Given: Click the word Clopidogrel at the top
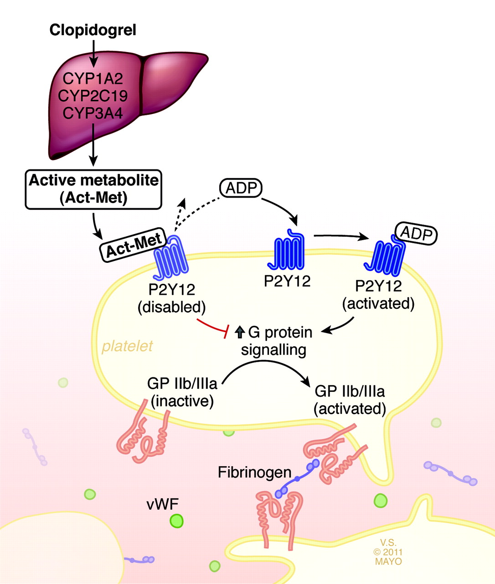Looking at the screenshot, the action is tap(93, 30).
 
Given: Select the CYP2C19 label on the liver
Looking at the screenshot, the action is tap(93, 96).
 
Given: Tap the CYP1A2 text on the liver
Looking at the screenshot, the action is tap(93, 78).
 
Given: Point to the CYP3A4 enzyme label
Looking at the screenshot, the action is tap(93, 113).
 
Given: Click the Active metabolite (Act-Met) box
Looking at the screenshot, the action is tap(93, 189).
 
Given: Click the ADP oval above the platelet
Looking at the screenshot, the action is tap(241, 188).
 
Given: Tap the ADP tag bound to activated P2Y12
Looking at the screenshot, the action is tap(416, 234).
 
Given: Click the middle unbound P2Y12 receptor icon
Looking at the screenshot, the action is tap(286, 250).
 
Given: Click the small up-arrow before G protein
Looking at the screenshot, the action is tap(240, 332).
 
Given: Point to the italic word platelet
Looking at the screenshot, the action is tap(127, 346).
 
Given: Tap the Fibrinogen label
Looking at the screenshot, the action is tap(254, 472).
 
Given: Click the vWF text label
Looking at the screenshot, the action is tap(163, 504).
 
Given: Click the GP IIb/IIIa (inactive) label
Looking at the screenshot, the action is tap(182, 392).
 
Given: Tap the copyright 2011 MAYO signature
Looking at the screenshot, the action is tap(388, 552).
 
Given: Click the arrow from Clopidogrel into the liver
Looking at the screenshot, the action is tap(93, 54).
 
